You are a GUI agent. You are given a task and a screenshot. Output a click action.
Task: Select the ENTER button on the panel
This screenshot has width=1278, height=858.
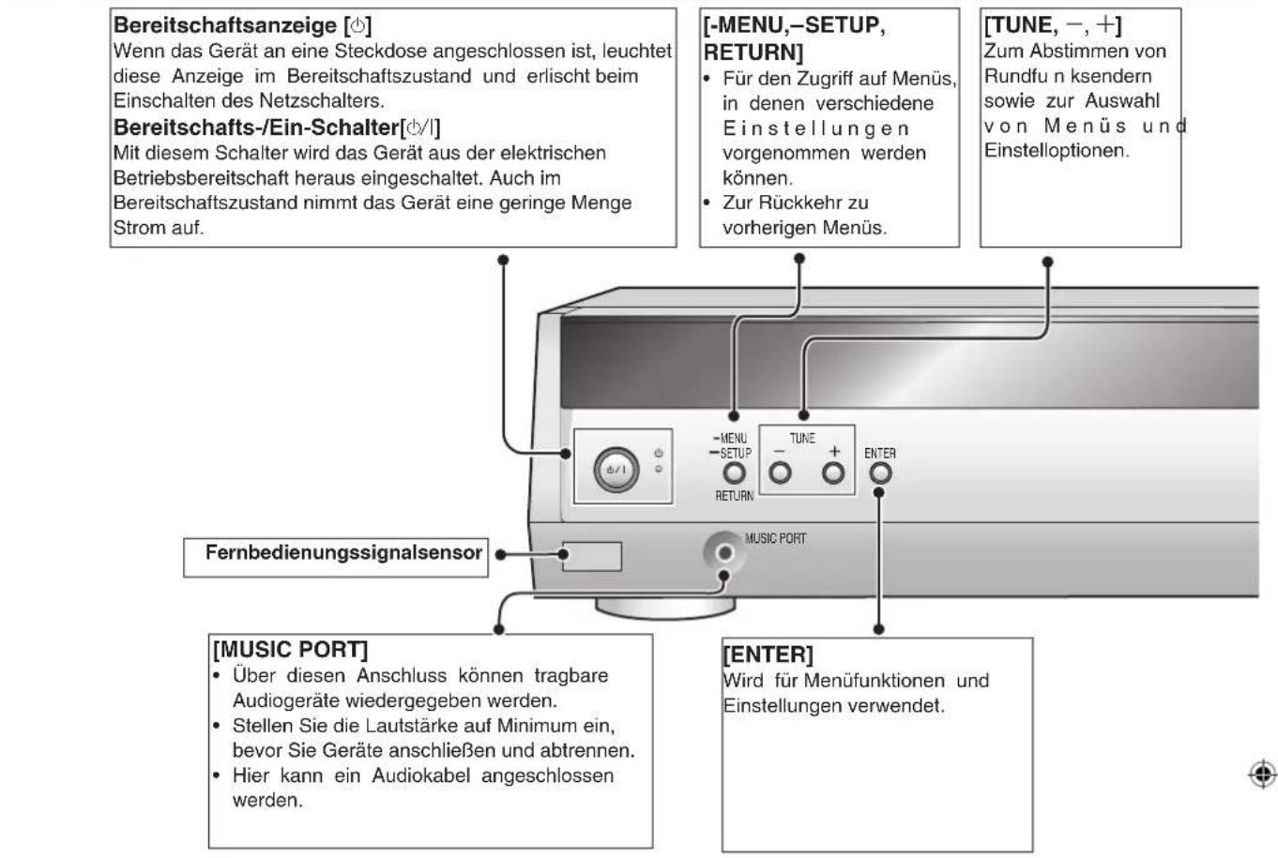coord(879,473)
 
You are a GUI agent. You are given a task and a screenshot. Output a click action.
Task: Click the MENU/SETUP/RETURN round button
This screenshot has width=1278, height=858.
coord(734,474)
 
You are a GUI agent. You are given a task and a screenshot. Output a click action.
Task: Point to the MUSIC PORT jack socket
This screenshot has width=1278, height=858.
coord(723,553)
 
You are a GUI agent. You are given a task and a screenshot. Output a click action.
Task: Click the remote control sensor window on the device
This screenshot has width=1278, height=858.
coord(591,556)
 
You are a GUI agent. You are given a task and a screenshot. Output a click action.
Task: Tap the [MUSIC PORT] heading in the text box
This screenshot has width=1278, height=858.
coord(291,649)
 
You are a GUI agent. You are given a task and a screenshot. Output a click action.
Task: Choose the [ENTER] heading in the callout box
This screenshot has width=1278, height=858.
coord(768,654)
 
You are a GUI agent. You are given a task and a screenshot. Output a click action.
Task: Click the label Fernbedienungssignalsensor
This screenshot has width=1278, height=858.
coord(343,552)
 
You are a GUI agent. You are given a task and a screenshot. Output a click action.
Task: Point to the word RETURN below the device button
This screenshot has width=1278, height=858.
coord(734,496)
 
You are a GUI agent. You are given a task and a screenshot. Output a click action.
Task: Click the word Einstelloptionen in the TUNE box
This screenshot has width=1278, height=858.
coord(1056,151)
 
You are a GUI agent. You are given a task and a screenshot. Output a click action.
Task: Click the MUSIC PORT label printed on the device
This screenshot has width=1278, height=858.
coord(775,538)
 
